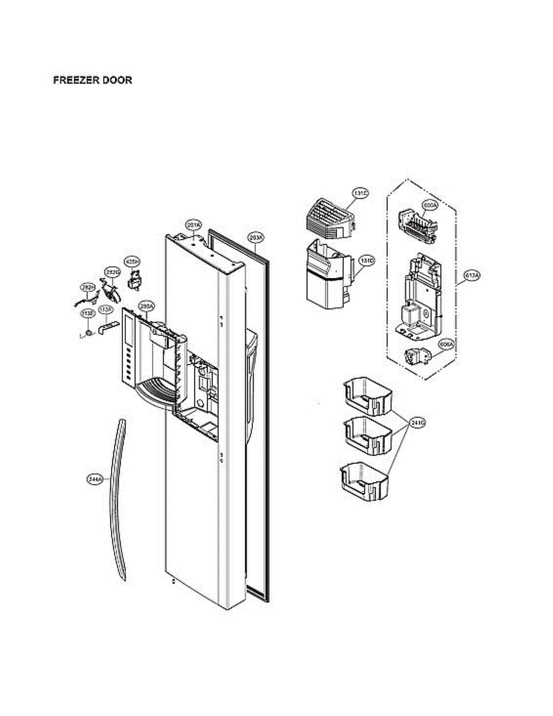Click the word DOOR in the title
click(117, 81)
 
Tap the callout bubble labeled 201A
click(193, 225)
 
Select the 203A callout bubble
click(255, 237)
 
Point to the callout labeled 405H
click(132, 261)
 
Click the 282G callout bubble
click(112, 271)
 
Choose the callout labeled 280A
click(146, 306)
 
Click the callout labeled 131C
click(360, 193)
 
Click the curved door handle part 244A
click(118, 501)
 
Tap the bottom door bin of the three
click(364, 482)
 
